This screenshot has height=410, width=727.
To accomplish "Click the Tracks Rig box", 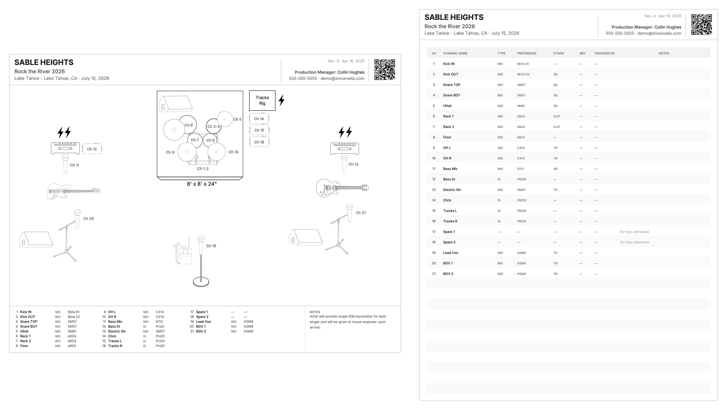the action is (x=262, y=101).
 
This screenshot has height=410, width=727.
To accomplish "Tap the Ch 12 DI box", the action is (x=92, y=149).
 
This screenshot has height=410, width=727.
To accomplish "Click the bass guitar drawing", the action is (x=74, y=191).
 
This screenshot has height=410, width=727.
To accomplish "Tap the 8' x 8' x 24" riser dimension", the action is (x=202, y=184).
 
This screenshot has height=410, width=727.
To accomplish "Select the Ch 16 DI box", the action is (x=259, y=142).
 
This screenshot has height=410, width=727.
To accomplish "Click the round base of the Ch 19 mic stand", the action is (x=201, y=282).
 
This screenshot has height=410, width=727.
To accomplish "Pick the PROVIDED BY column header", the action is (x=605, y=53).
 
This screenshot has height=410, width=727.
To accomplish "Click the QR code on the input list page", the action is (x=701, y=25).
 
